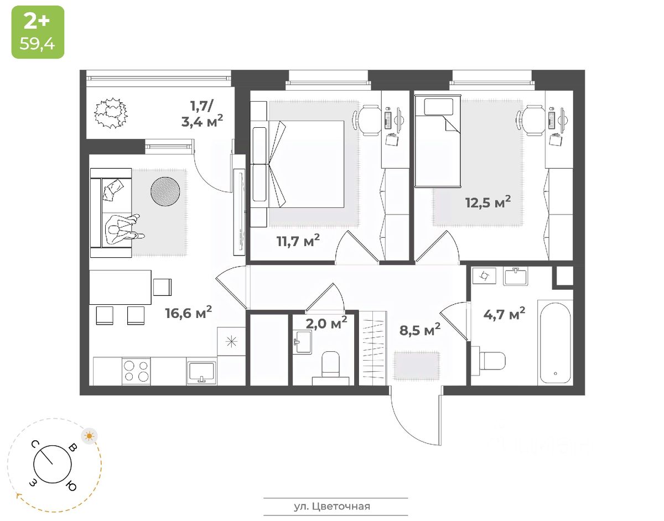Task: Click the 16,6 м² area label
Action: click(188, 313)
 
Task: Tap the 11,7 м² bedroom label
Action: click(298, 241)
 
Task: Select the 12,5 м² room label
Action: click(487, 202)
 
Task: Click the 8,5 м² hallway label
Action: click(420, 330)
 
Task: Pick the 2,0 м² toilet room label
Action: click(326, 322)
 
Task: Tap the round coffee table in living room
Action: click(165, 191)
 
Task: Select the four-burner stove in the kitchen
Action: click(136, 371)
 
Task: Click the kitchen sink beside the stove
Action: click(201, 372)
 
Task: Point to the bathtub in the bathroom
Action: click(554, 342)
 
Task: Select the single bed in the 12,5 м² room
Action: click(438, 142)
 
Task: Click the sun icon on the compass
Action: click(89, 436)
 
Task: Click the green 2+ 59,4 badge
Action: click(38, 32)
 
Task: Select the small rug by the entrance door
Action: click(416, 365)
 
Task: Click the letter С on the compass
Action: click(34, 444)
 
